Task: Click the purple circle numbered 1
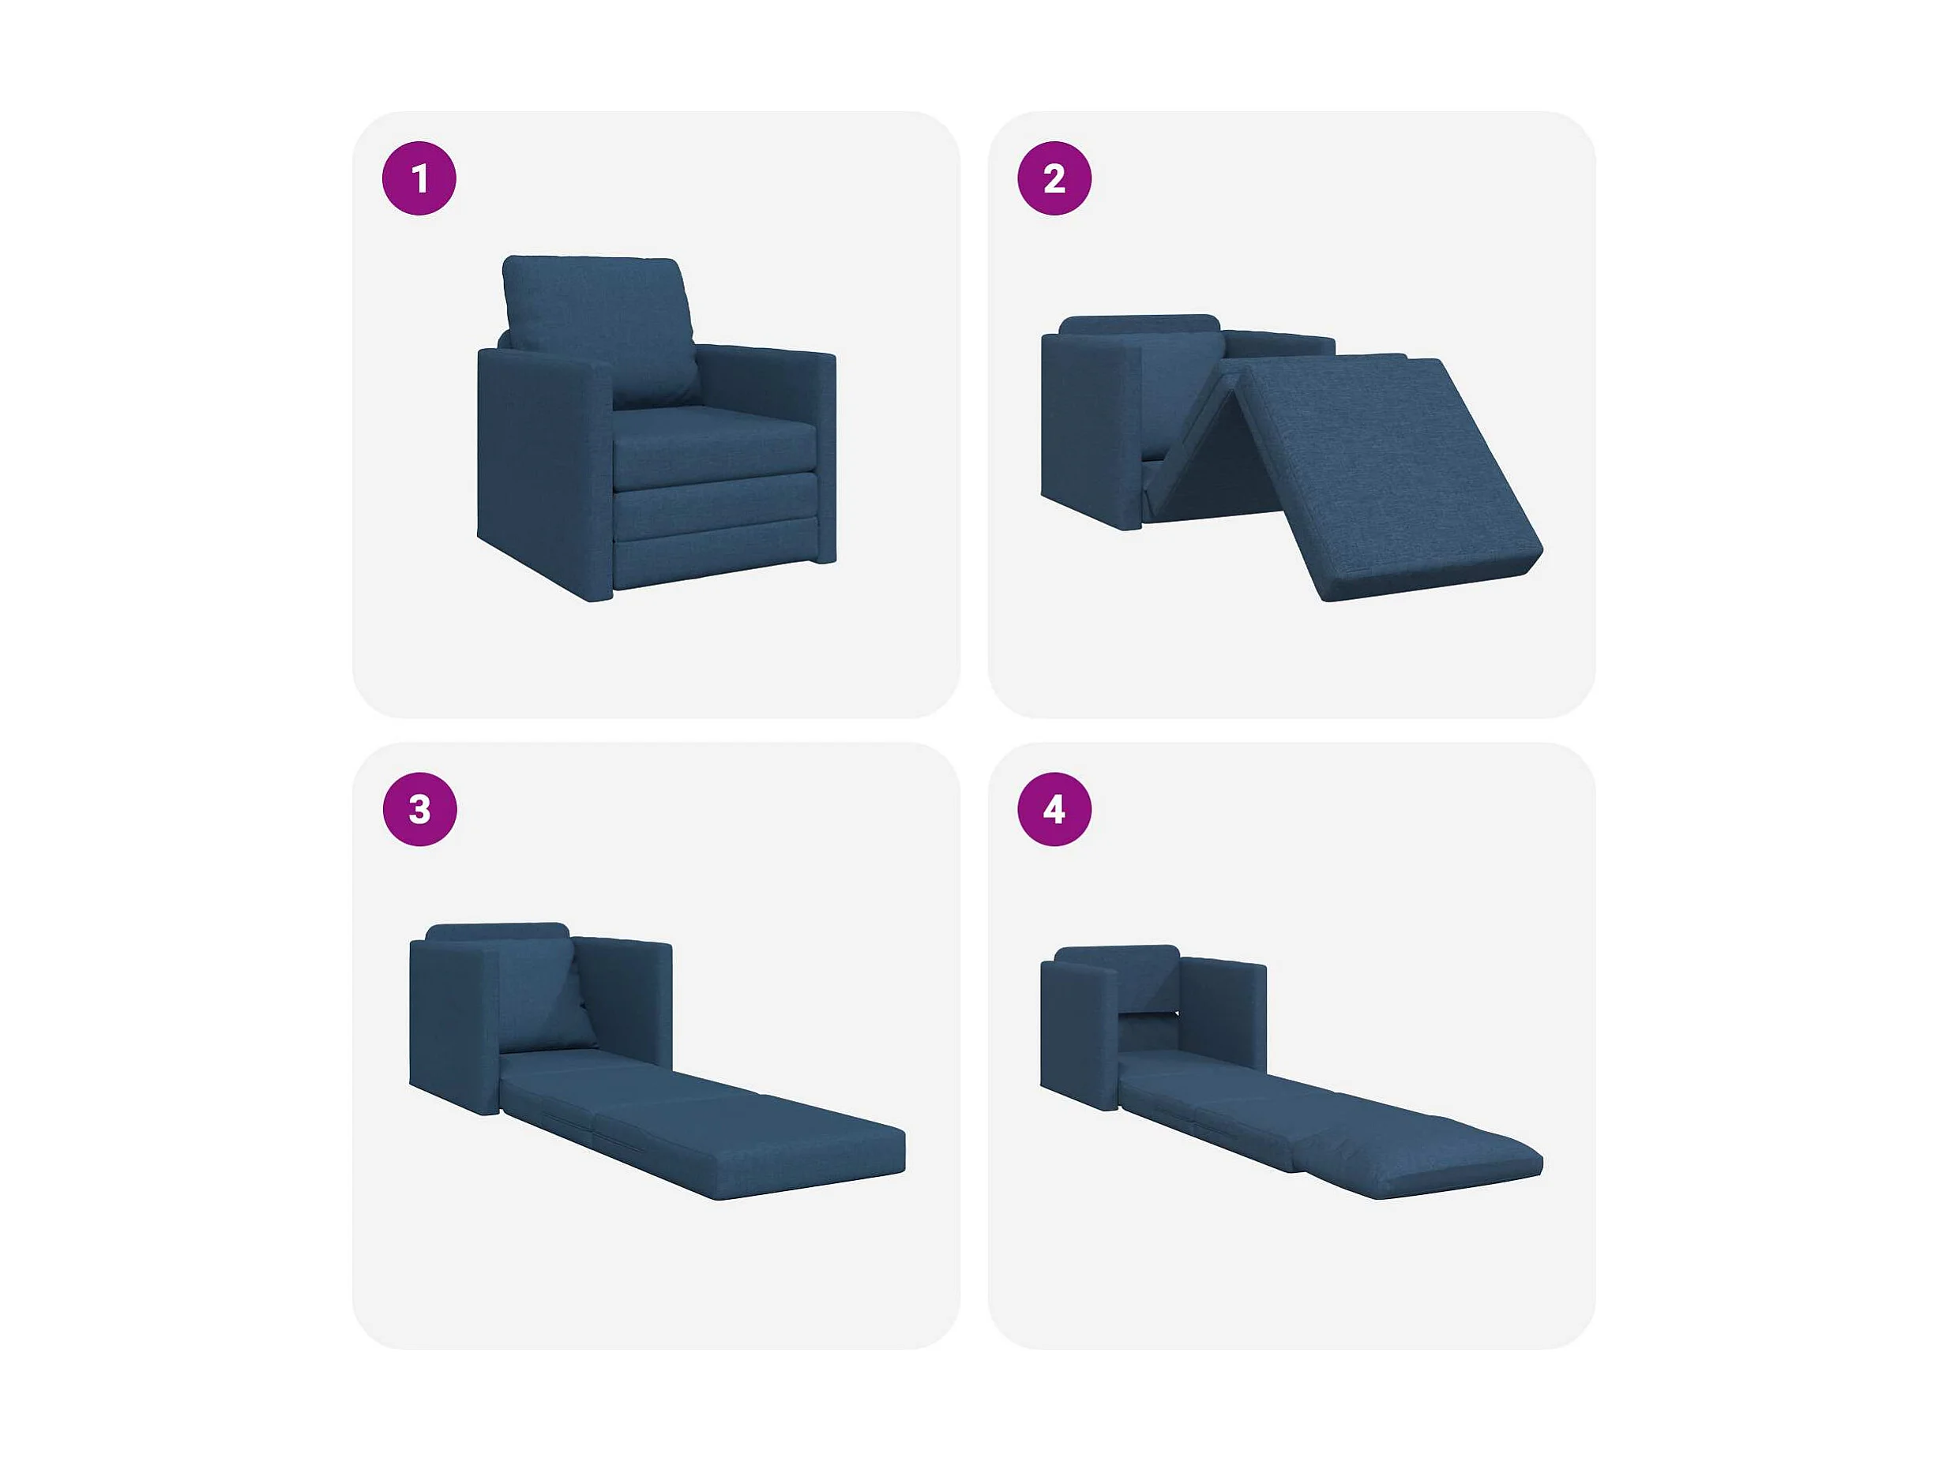(419, 178)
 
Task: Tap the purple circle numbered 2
(1054, 178)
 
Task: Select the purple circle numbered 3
(419, 809)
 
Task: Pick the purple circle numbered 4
(1054, 809)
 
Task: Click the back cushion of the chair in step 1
(601, 331)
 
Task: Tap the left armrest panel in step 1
(545, 471)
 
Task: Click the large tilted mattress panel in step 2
(1393, 476)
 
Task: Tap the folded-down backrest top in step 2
(1139, 324)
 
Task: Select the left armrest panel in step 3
(455, 1027)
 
